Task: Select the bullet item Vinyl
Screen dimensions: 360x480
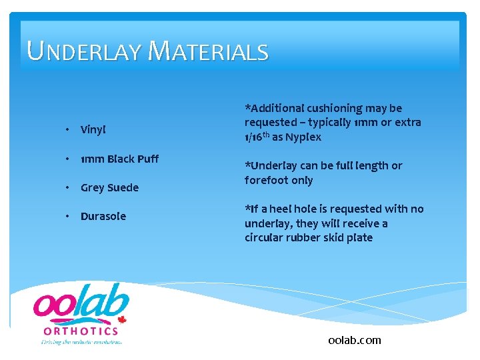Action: pyautogui.click(x=93, y=129)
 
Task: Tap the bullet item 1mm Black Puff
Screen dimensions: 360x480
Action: pyautogui.click(x=119, y=159)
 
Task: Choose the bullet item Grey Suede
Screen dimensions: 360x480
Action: pyautogui.click(x=109, y=187)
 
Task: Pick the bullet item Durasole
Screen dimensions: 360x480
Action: pyautogui.click(x=103, y=216)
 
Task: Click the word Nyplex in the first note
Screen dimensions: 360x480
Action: pyautogui.click(x=304, y=137)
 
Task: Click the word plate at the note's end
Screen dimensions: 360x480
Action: pyautogui.click(x=359, y=237)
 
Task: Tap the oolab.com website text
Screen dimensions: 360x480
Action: pyautogui.click(x=355, y=340)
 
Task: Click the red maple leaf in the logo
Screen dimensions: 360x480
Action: pyautogui.click(x=122, y=319)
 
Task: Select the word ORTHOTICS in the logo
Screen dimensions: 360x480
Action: pyautogui.click(x=81, y=331)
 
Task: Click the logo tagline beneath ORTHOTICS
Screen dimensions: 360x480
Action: pyautogui.click(x=81, y=341)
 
